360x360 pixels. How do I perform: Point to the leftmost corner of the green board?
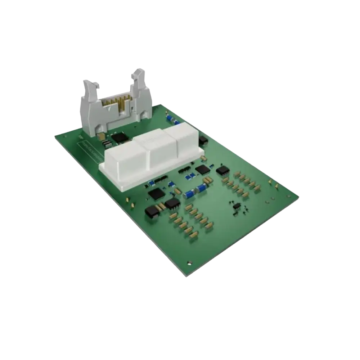click(55, 136)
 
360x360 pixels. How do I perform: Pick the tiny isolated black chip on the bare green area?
click(237, 206)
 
